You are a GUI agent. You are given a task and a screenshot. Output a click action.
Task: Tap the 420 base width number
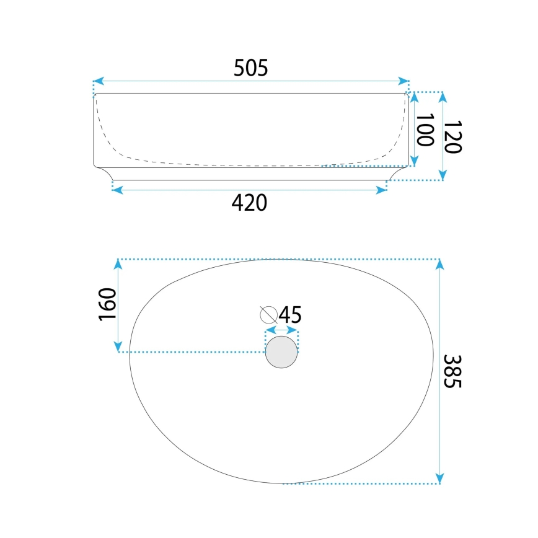(249, 203)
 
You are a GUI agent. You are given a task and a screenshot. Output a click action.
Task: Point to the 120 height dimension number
(453, 136)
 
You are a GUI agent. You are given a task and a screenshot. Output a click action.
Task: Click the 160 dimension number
(107, 304)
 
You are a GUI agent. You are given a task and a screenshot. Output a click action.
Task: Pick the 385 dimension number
(453, 371)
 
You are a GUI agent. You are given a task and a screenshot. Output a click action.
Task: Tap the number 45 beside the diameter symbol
(290, 315)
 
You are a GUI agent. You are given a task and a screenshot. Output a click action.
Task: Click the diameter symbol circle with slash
(268, 314)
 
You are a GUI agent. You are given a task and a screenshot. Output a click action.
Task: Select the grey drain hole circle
(281, 351)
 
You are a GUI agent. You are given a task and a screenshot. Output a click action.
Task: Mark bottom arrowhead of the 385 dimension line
(439, 478)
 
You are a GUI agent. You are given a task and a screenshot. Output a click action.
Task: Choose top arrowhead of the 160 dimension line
(118, 265)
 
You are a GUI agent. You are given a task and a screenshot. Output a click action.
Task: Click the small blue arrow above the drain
(282, 332)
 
